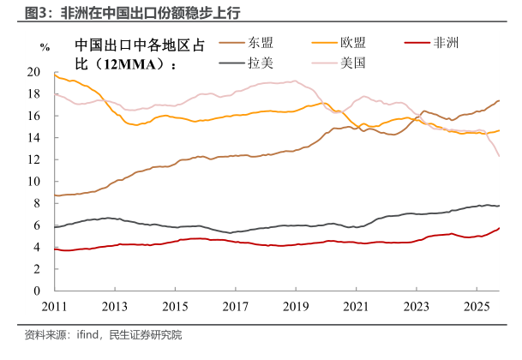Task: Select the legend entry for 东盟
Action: [261, 41]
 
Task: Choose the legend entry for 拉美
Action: [261, 63]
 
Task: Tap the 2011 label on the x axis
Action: [53, 307]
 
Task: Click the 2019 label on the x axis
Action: [296, 307]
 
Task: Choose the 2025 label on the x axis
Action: [477, 307]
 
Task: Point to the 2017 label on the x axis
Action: [235, 307]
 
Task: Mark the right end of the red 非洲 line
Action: [499, 228]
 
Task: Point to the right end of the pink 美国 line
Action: [499, 156]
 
